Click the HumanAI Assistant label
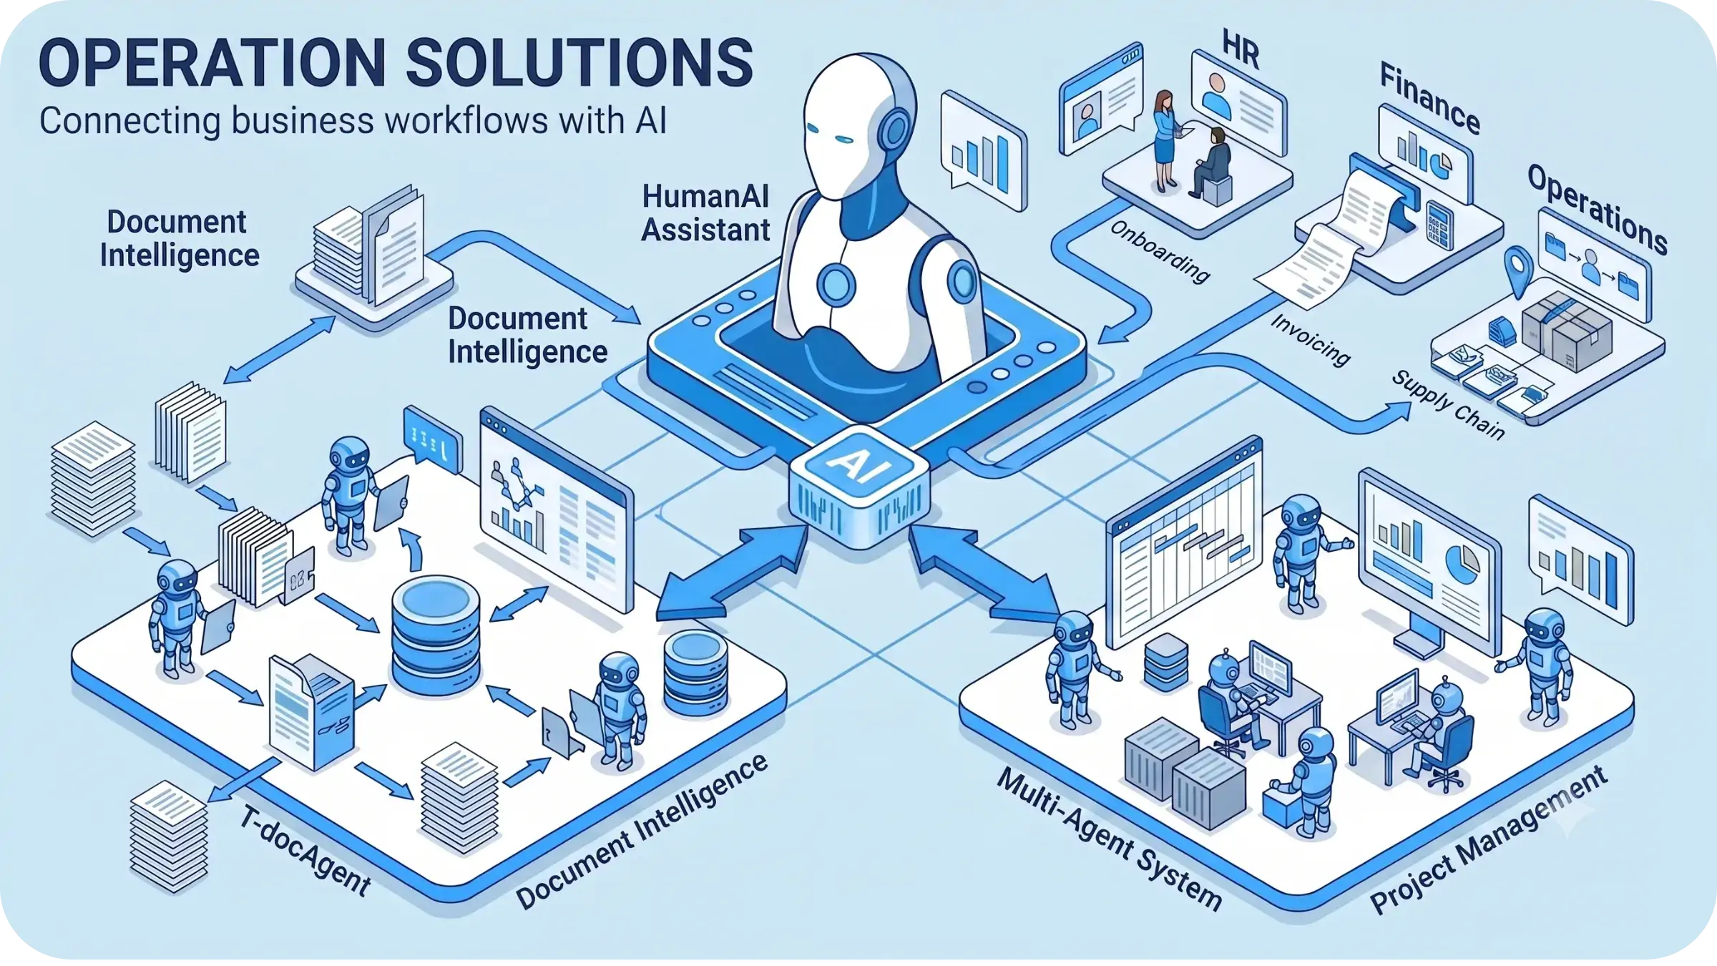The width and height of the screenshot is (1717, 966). click(x=705, y=213)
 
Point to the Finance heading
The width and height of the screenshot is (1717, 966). click(x=1429, y=99)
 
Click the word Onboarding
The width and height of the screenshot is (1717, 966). click(x=1160, y=251)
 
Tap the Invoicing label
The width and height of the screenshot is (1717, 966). click(x=1311, y=340)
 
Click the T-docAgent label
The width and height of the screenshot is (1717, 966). click(x=305, y=851)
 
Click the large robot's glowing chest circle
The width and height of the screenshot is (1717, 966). click(x=836, y=284)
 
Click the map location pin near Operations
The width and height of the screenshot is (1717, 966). click(x=1518, y=271)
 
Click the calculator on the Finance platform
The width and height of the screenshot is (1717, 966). click(x=1439, y=225)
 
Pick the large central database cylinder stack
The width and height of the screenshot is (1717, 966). click(x=436, y=636)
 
